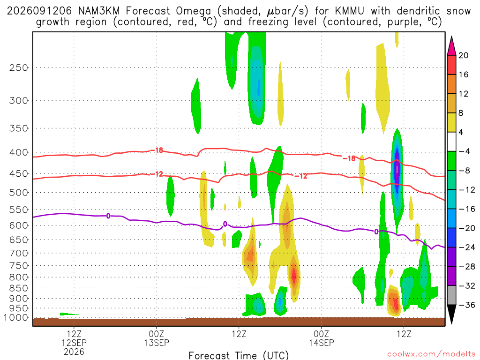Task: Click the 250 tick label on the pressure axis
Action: pos(18,67)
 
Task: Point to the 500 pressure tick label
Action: pos(18,193)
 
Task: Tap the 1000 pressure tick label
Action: pos(15,317)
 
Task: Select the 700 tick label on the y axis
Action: pos(18,253)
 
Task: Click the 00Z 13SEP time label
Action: pos(157,338)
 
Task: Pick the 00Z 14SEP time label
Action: pos(322,338)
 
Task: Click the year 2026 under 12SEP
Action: pos(74,352)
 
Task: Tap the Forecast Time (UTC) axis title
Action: pos(239,355)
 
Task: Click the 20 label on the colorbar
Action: pos(464,55)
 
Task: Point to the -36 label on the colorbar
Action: pos(467,305)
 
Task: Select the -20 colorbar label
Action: pos(467,228)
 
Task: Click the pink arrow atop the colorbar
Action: pos(451,46)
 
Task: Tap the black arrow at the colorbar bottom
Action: pos(451,314)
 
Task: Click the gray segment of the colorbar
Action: pos(451,295)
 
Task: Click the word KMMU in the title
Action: pos(349,11)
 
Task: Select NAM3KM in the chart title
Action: pos(99,11)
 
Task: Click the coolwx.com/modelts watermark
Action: pos(431,354)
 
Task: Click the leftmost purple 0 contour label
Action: pos(108,216)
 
